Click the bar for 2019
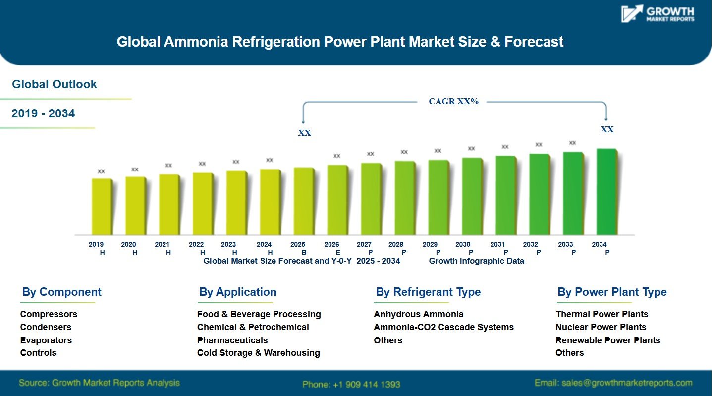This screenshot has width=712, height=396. click(102, 207)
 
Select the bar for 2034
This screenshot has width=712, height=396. click(606, 192)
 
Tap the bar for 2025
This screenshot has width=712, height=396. click(304, 201)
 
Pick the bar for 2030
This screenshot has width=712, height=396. click(472, 196)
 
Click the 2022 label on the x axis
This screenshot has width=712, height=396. click(197, 244)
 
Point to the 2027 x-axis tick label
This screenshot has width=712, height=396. click(364, 244)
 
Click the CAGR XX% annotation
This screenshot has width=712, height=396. click(453, 102)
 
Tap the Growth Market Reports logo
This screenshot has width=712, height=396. click(658, 14)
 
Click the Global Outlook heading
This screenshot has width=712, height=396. click(55, 84)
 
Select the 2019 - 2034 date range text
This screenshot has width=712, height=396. click(43, 113)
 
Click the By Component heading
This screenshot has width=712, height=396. click(61, 292)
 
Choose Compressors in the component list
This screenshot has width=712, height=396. click(49, 314)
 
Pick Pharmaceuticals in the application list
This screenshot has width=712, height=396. click(232, 340)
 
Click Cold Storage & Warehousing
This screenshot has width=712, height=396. click(258, 353)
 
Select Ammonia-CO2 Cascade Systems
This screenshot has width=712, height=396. click(443, 327)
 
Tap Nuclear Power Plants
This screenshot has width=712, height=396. click(601, 327)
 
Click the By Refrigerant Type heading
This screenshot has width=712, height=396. click(428, 292)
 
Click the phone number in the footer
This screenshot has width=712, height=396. click(351, 384)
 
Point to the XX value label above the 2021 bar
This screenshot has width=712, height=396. click(168, 166)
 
